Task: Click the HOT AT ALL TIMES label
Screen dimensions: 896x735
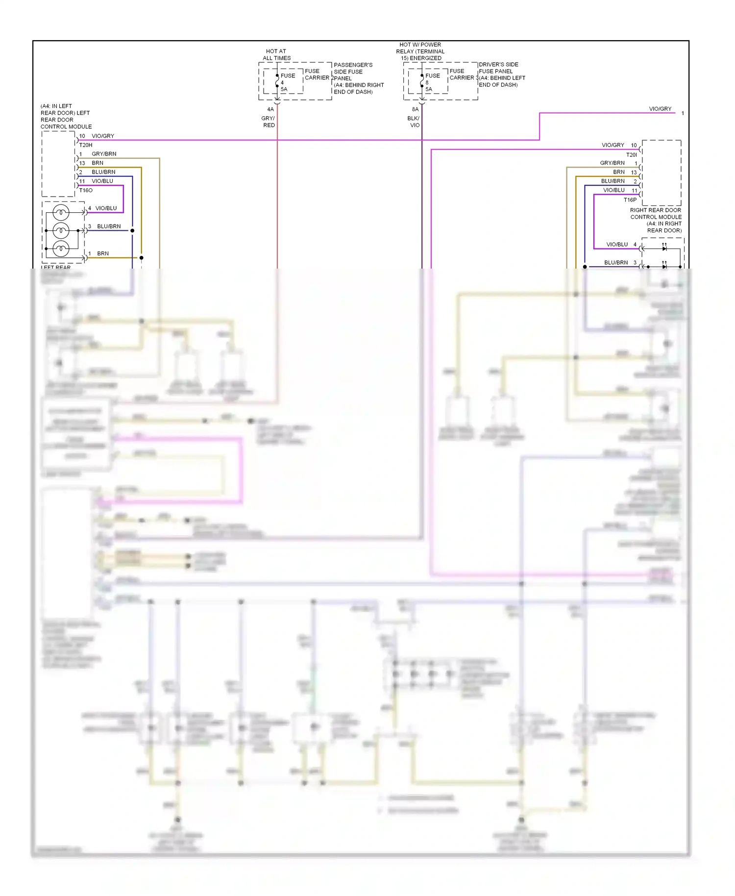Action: click(276, 54)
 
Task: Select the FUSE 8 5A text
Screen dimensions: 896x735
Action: click(432, 82)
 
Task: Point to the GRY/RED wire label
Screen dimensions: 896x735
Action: click(269, 122)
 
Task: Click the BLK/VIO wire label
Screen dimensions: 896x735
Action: click(414, 122)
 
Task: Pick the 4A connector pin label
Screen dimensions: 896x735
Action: click(270, 109)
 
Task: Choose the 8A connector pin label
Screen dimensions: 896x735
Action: click(415, 109)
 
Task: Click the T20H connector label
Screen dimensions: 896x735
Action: click(86, 145)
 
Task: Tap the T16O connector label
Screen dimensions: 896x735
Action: click(86, 190)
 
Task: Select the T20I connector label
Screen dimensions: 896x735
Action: click(631, 154)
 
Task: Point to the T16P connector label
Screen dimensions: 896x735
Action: click(630, 199)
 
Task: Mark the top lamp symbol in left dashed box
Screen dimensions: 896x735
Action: click(61, 212)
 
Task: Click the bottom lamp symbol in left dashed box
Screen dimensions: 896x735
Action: click(61, 249)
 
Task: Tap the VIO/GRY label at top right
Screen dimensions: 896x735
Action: click(660, 109)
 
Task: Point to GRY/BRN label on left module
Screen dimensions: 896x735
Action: click(104, 154)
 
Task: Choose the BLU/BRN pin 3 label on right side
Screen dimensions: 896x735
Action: click(616, 263)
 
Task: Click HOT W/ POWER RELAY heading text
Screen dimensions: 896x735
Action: click(420, 51)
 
